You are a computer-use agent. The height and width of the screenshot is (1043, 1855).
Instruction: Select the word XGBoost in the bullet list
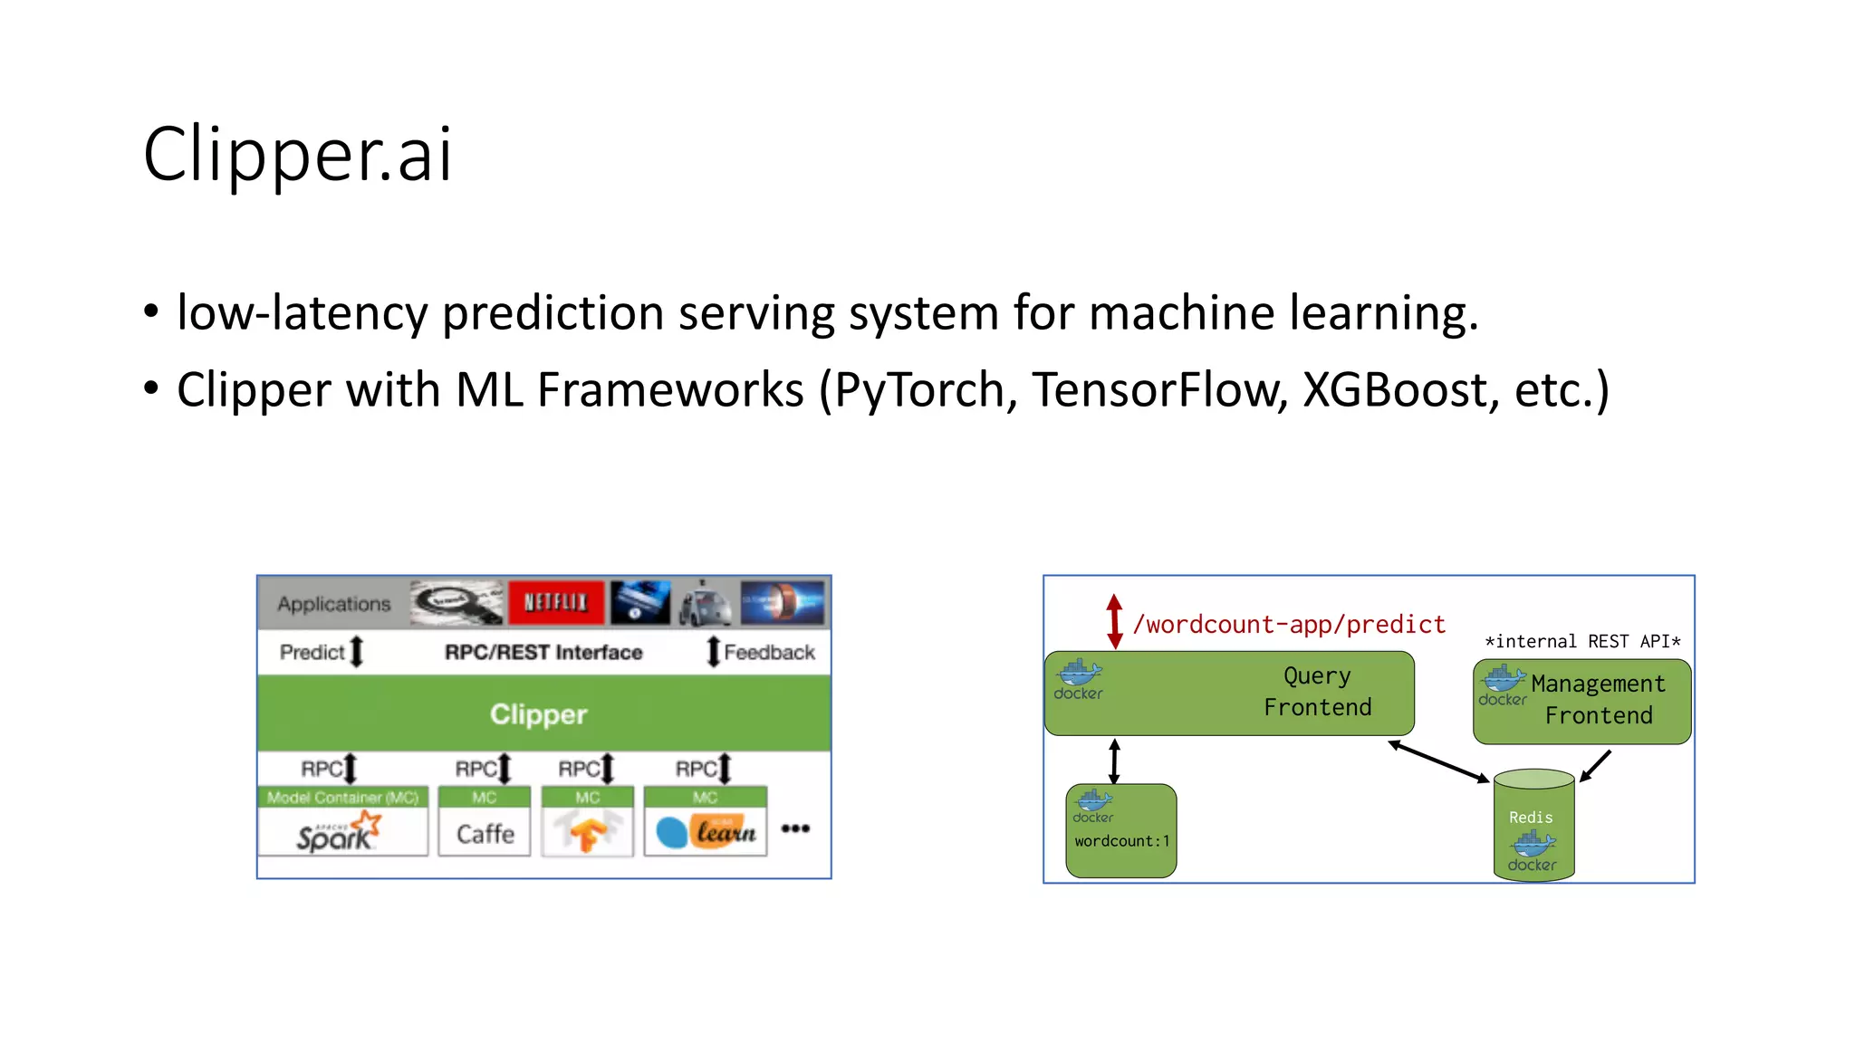1395,390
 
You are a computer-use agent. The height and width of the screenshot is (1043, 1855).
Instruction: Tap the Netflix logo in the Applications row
555,602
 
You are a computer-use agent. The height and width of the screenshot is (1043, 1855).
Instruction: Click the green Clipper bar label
539,714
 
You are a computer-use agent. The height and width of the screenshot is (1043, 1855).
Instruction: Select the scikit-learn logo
706,831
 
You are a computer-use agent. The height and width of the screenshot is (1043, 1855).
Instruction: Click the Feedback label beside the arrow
769,652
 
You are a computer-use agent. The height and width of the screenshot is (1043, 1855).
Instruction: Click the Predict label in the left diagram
312,652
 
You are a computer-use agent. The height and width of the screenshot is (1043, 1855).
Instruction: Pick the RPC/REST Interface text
543,652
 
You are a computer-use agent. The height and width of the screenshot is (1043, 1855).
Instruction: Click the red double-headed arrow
1115,621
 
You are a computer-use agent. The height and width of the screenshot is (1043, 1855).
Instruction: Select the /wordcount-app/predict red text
1289,624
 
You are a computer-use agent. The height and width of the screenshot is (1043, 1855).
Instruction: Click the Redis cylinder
1533,825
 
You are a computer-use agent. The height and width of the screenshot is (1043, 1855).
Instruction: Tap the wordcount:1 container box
1121,831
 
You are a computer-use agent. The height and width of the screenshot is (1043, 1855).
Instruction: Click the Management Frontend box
1581,702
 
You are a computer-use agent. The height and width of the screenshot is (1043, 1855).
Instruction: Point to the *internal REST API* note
1582,641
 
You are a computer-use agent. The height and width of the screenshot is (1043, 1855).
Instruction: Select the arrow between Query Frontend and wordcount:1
1115,761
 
